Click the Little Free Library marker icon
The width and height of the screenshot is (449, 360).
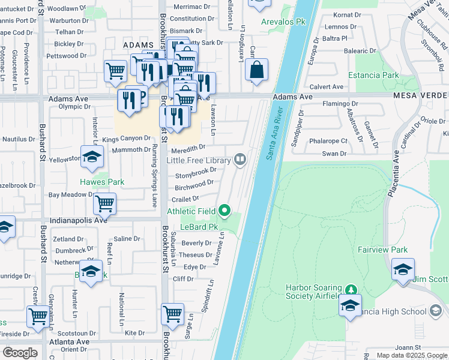click(x=240, y=159)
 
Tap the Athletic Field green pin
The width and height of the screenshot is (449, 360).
click(x=225, y=210)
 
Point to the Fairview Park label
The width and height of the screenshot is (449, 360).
click(x=382, y=250)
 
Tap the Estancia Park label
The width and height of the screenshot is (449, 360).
click(x=373, y=76)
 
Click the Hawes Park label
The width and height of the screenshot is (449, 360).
click(x=103, y=182)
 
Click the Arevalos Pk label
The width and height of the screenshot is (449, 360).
click(x=284, y=22)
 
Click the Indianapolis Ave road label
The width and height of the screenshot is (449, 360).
click(x=79, y=220)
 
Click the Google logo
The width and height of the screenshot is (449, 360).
click(x=20, y=353)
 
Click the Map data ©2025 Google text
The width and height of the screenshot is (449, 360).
click(x=411, y=355)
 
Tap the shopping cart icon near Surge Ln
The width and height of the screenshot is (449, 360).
click(x=172, y=313)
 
